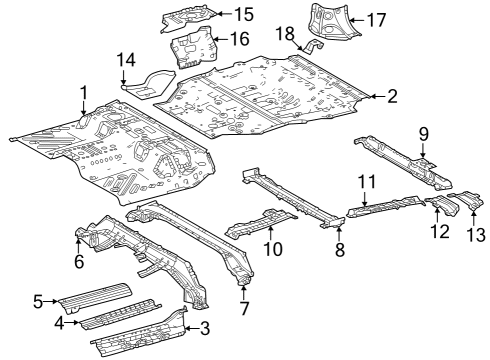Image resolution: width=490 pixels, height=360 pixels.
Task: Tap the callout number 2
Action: point(393,97)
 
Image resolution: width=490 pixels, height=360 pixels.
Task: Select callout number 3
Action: point(206,328)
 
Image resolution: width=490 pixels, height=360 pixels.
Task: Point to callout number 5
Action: point(38,300)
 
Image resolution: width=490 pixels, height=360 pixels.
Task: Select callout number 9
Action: point(424,133)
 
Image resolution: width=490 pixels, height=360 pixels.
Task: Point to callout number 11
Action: point(367,181)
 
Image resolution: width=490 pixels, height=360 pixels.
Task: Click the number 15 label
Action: point(245,14)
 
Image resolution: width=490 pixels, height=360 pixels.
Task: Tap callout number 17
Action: point(376,19)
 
